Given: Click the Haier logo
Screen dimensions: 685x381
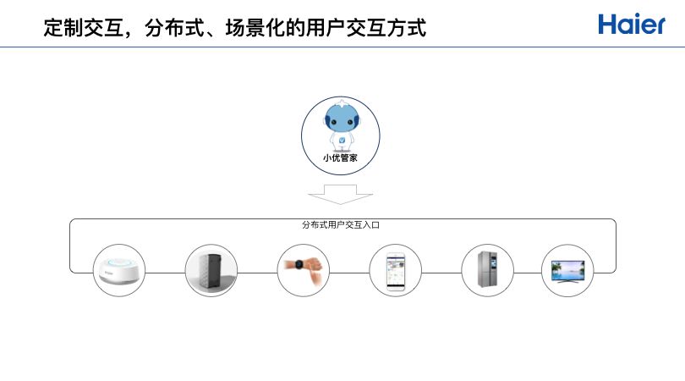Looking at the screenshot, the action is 632,24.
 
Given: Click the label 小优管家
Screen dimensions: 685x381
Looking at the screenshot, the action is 340,157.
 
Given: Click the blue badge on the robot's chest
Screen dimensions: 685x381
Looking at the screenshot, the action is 341,138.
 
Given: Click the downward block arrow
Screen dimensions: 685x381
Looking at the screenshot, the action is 340,195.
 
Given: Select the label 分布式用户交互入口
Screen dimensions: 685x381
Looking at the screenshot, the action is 340,225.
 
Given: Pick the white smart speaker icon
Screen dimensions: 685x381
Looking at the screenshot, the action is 119,270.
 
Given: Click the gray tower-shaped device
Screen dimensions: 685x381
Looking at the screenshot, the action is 211,270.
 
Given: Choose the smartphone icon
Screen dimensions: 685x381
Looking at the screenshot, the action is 395,270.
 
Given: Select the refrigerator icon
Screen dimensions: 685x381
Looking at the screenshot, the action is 487,270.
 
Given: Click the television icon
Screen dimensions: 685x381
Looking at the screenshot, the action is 567,270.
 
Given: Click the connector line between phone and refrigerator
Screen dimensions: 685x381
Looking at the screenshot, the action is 441,273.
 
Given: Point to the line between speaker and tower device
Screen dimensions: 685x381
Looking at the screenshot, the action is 165,273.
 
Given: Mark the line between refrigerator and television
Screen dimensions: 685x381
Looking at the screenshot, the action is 527,273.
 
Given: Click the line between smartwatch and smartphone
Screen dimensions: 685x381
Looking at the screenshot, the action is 348,273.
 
